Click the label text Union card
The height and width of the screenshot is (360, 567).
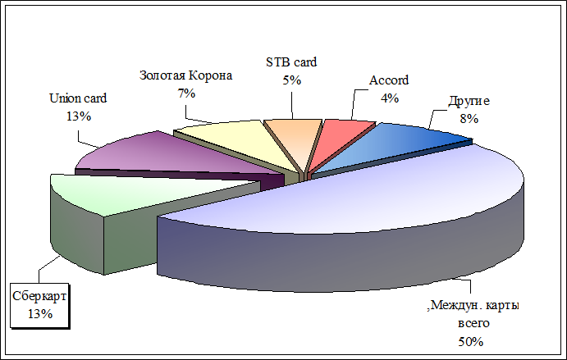[78, 98]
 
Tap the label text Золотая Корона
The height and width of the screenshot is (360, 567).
[186, 75]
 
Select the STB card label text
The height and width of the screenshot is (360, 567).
[291, 62]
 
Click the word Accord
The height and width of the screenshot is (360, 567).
[389, 80]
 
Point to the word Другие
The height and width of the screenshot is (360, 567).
[469, 101]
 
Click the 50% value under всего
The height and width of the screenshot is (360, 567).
[470, 342]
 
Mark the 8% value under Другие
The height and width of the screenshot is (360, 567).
[469, 119]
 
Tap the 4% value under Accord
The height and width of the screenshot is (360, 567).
[390, 98]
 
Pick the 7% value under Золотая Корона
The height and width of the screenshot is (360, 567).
[186, 93]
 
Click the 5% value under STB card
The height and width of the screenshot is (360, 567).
[292, 80]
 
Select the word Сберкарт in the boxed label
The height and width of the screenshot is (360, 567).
[39, 296]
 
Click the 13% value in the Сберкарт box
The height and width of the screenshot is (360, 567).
[40, 314]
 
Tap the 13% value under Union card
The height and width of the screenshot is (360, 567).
[79, 116]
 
